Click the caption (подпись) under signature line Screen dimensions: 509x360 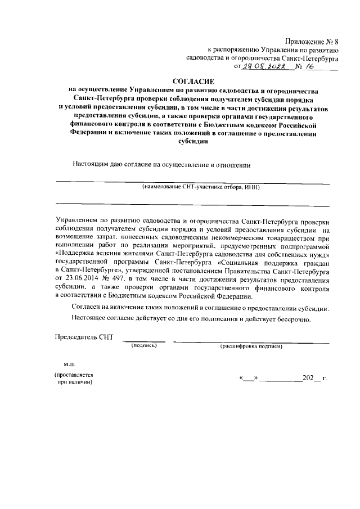[x=144, y=346]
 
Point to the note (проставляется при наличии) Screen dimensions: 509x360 [x=73, y=378]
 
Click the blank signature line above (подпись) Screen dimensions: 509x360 [x=144, y=341]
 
